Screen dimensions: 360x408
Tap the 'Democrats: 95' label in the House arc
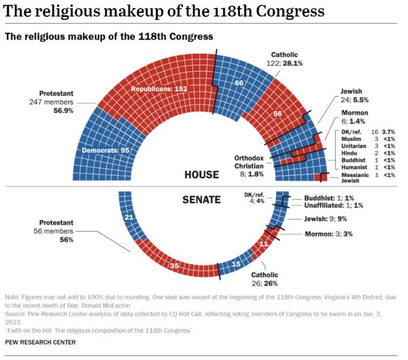tap(105, 149)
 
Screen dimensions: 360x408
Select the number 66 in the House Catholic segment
tap(239, 83)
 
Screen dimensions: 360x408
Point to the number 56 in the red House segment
tap(277, 114)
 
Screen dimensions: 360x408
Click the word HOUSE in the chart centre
tap(202, 175)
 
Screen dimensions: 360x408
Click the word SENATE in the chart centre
tap(201, 199)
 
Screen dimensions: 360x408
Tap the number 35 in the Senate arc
tap(174, 265)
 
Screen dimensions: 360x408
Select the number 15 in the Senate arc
tap(237, 263)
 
